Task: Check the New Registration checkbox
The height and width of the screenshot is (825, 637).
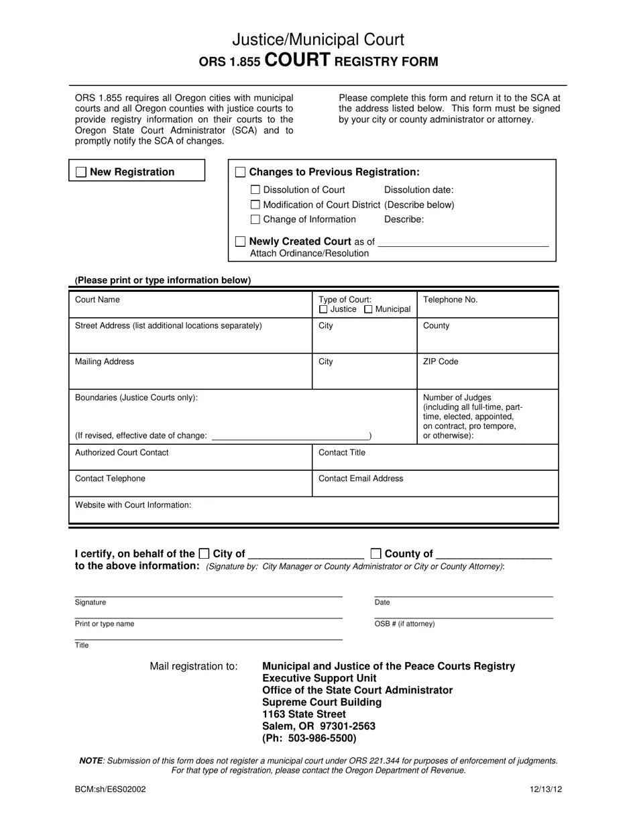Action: pyautogui.click(x=80, y=172)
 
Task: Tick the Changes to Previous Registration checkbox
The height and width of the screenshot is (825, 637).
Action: pyautogui.click(x=241, y=172)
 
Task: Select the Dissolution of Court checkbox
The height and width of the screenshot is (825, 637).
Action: pyautogui.click(x=255, y=190)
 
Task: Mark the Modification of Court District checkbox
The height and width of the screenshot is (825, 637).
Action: pyautogui.click(x=255, y=205)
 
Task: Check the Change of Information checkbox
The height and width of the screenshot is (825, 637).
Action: pyautogui.click(x=255, y=220)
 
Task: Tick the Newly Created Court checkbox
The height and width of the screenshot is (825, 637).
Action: pyautogui.click(x=241, y=241)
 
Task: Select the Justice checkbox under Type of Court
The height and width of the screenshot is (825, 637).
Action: pyautogui.click(x=323, y=310)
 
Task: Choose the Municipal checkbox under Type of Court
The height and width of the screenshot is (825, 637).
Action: pyautogui.click(x=368, y=310)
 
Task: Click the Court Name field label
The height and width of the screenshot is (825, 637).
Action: pyautogui.click(x=97, y=300)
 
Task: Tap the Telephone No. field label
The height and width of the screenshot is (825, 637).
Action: pyautogui.click(x=450, y=300)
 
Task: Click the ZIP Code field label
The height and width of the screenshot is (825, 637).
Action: pyautogui.click(x=441, y=362)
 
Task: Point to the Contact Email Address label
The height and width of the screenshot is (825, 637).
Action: pyautogui.click(x=361, y=479)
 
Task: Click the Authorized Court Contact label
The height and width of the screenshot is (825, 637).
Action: pyautogui.click(x=121, y=453)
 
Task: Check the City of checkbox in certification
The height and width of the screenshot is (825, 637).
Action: pyautogui.click(x=204, y=554)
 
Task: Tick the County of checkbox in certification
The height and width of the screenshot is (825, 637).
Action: pyautogui.click(x=376, y=554)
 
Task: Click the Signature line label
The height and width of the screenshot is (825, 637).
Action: pyautogui.click(x=91, y=602)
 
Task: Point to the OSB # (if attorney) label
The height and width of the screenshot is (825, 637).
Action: pyautogui.click(x=404, y=624)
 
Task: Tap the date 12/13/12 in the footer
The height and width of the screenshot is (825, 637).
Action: pyautogui.click(x=546, y=789)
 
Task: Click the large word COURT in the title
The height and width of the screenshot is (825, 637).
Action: pyautogui.click(x=298, y=60)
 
